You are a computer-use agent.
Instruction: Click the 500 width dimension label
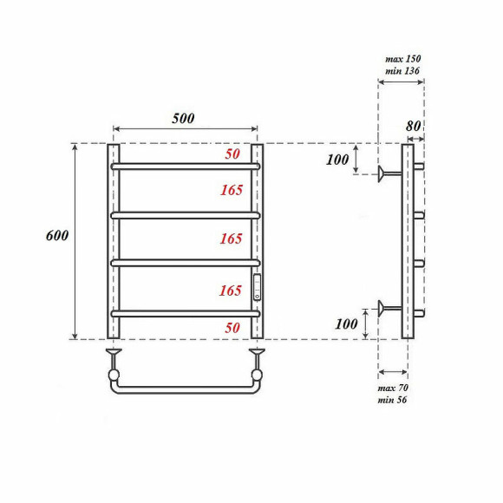tap(182, 119)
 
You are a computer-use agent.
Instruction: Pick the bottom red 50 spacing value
tap(232, 328)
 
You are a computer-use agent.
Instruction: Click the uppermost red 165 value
tap(231, 190)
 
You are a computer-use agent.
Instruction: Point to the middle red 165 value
tap(231, 238)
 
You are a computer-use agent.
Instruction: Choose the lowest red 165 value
tap(231, 291)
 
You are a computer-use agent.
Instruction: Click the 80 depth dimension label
tap(414, 126)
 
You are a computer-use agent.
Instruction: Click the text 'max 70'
tap(394, 387)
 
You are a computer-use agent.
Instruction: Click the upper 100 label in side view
tap(336, 160)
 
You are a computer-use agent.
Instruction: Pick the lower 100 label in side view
tap(347, 323)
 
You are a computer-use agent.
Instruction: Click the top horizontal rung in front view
tap(184, 165)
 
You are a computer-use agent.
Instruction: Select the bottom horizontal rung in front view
tap(184, 312)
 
